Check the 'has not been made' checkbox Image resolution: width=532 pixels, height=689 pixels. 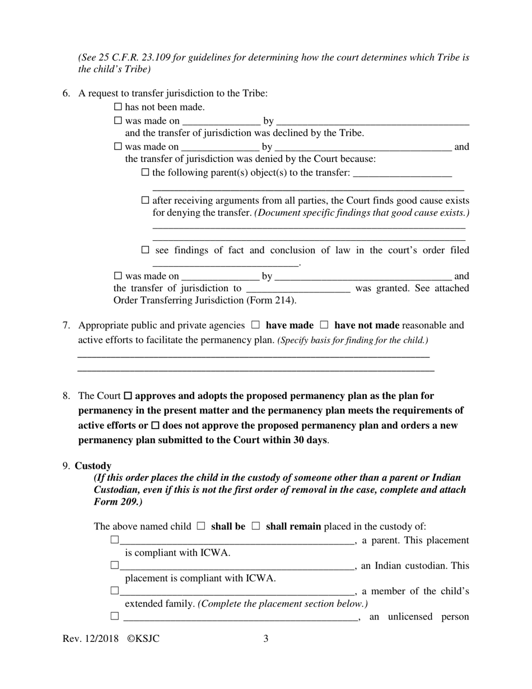click(118, 107)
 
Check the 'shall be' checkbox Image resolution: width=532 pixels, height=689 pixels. click(201, 526)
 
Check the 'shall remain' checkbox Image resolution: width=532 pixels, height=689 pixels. click(256, 526)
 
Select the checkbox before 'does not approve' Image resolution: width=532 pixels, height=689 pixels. click(156, 425)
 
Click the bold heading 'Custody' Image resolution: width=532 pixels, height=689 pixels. click(93, 465)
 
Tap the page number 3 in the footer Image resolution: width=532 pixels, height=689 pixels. click(266, 638)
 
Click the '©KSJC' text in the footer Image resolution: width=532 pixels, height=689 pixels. click(143, 638)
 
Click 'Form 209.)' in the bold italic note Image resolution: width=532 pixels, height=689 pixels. click(118, 501)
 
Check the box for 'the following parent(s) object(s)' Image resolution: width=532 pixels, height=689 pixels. click(146, 173)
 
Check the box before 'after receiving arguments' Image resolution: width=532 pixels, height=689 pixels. click(146, 200)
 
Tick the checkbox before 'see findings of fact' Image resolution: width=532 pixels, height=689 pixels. click(146, 250)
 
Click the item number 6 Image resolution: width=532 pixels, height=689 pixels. click(66, 94)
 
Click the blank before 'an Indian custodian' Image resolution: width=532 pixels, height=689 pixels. click(237, 566)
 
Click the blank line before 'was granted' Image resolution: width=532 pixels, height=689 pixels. click(298, 289)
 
